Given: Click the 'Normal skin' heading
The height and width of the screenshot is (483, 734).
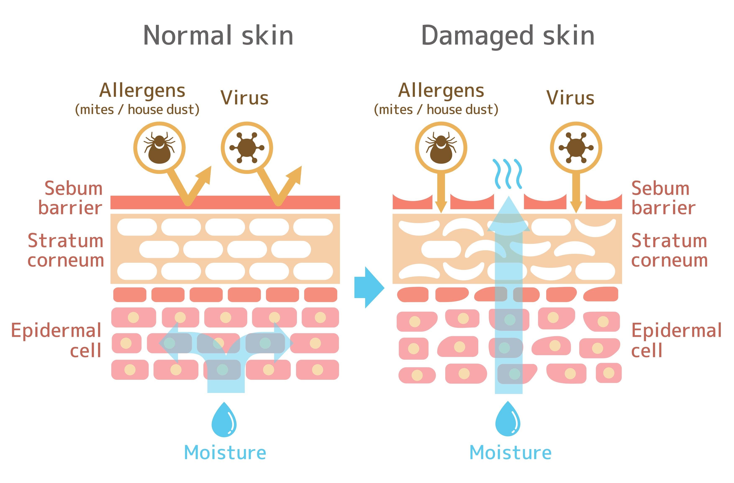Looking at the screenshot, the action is pos(218,35).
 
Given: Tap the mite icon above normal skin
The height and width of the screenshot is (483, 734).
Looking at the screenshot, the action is pos(159,148).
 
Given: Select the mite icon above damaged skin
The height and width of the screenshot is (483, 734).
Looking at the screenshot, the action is pos(441,148).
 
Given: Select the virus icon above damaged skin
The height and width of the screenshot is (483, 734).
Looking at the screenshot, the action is pos(576,148).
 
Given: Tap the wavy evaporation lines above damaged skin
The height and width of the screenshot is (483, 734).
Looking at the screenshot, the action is pos(508,174).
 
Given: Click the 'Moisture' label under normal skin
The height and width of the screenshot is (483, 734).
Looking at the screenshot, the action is pos(225,452).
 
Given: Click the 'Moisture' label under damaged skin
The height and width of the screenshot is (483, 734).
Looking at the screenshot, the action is pos(510,452).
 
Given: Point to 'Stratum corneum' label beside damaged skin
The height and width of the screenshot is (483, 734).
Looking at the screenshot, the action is pos(669,250).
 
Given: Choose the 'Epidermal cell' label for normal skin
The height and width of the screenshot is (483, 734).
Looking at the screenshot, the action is pos(56,340).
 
